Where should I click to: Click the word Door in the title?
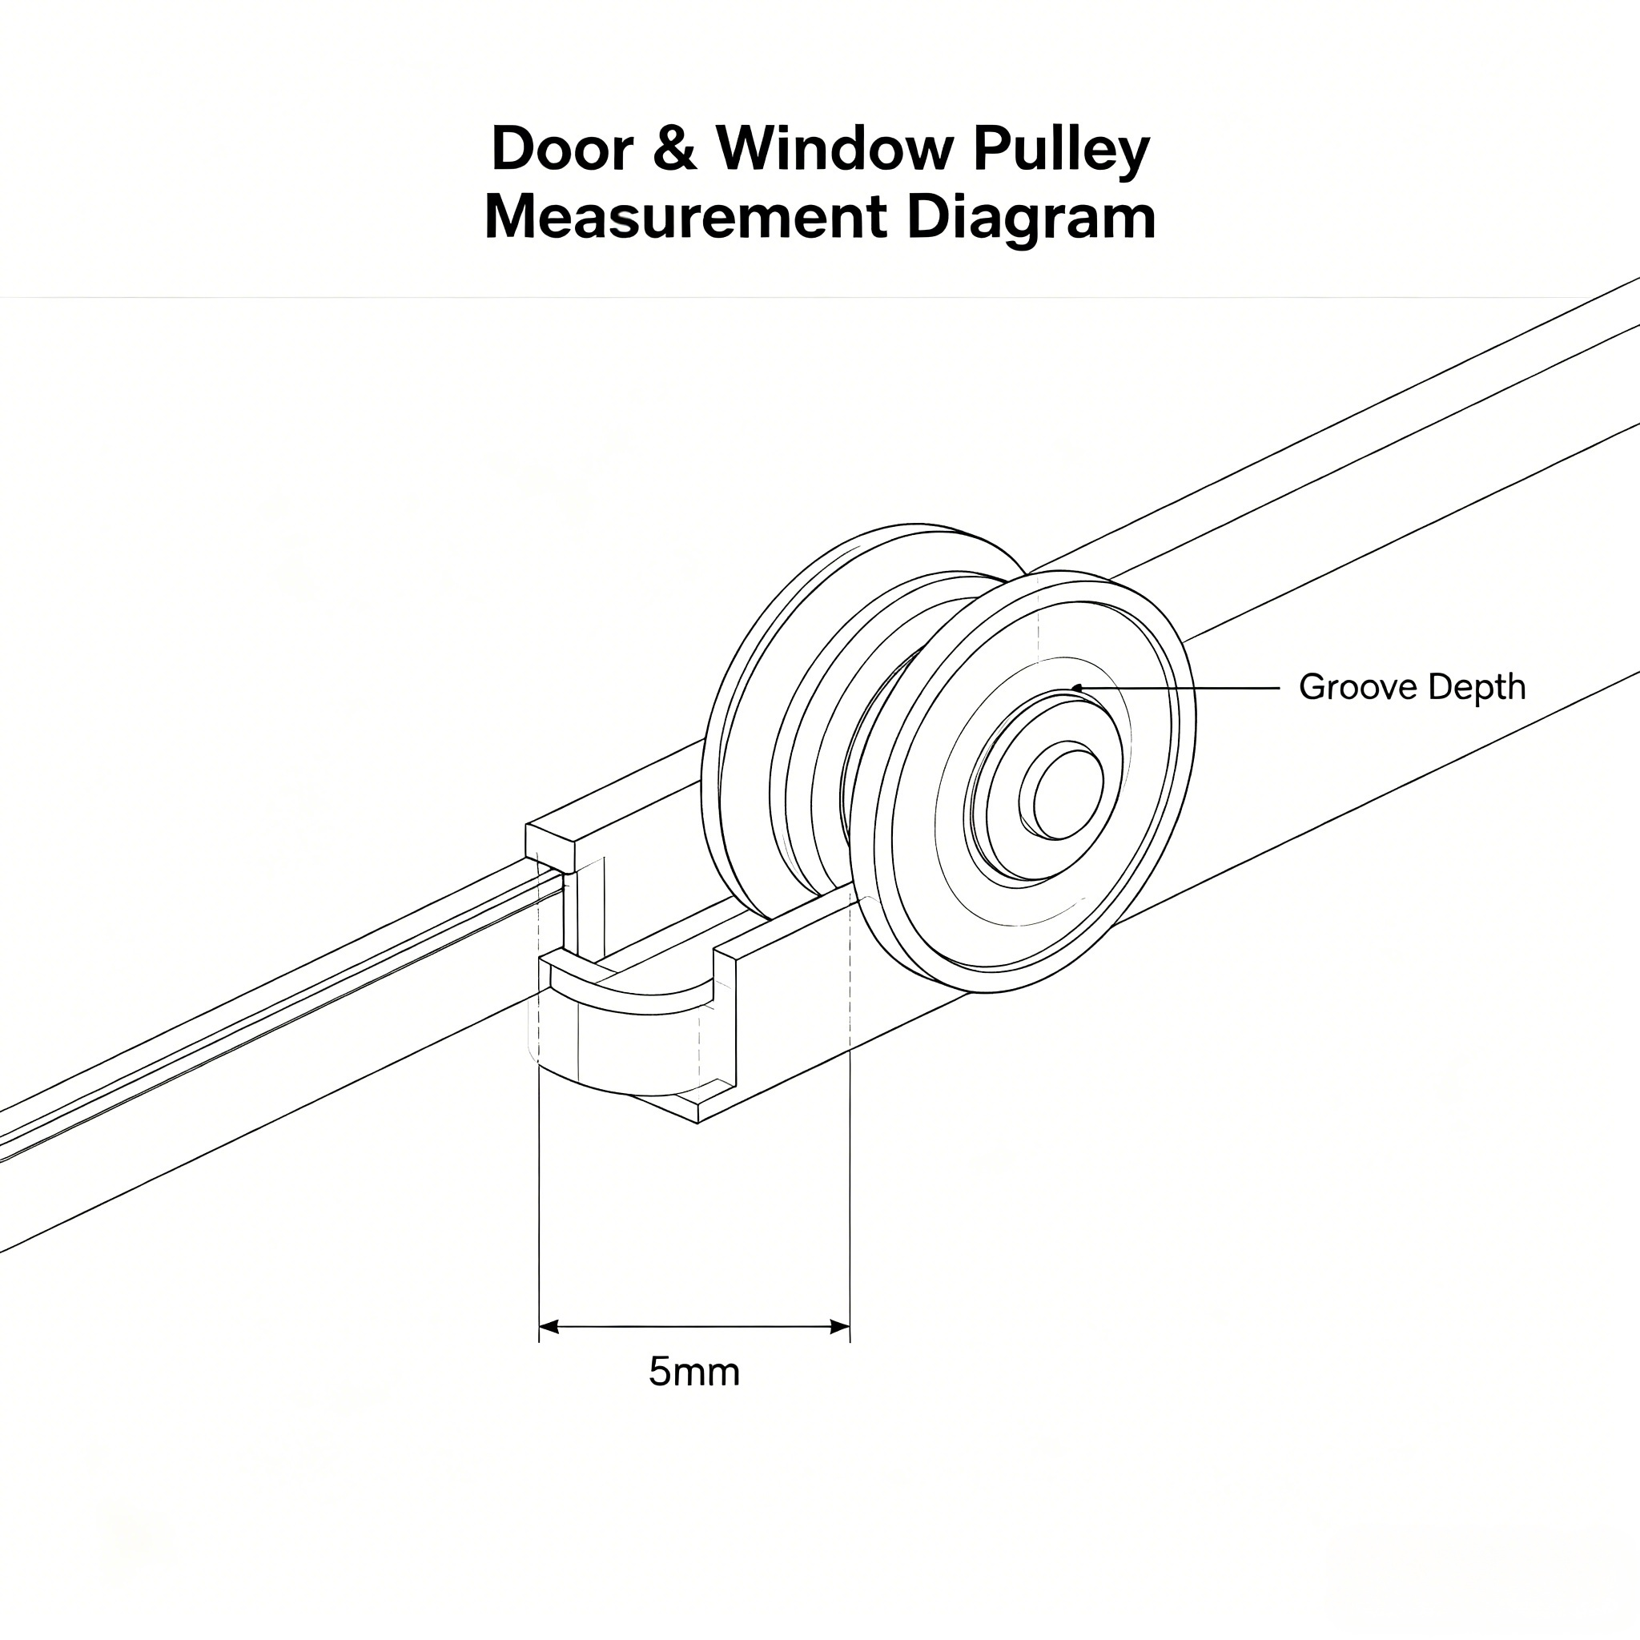click(x=562, y=149)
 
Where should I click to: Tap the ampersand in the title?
click(x=675, y=149)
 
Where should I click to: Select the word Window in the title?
click(x=834, y=149)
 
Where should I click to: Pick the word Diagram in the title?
click(x=1031, y=222)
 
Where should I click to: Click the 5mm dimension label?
click(x=694, y=1372)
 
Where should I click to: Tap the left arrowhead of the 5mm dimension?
click(x=549, y=1327)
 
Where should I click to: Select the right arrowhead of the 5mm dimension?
click(x=840, y=1327)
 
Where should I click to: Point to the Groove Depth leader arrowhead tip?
click(x=1071, y=688)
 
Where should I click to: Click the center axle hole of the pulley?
click(x=1062, y=795)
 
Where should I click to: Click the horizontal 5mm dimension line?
click(x=694, y=1327)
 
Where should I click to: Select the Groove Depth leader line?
click(x=1176, y=688)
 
